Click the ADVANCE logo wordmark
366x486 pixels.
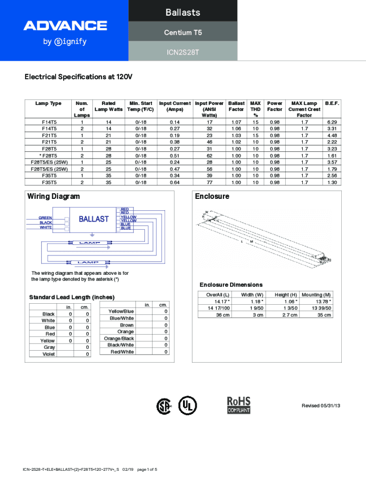pyautogui.click(x=65, y=26)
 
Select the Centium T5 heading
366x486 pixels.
pyautogui.click(x=183, y=32)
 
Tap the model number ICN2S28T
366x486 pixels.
pyautogui.click(x=183, y=52)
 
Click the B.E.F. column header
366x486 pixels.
pyautogui.click(x=331, y=103)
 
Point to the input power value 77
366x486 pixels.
pyautogui.click(x=209, y=182)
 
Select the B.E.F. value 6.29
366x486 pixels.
pyautogui.click(x=332, y=122)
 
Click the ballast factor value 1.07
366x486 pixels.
pyautogui.click(x=236, y=122)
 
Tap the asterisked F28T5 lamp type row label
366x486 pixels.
pyautogui.click(x=48, y=155)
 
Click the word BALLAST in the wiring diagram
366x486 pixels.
pyautogui.click(x=94, y=219)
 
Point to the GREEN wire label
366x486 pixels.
pyautogui.click(x=46, y=218)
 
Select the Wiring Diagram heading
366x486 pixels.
pyautogui.click(x=53, y=196)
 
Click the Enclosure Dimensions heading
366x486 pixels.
pyautogui.click(x=231, y=285)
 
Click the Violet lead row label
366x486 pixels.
pyautogui.click(x=48, y=354)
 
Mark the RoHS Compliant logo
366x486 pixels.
pyautogui.click(x=239, y=405)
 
